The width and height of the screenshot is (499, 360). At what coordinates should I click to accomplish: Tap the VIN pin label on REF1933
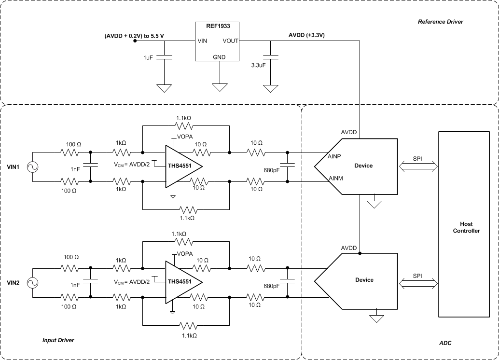click(202, 41)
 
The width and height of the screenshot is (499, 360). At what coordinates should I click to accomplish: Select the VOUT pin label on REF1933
click(230, 41)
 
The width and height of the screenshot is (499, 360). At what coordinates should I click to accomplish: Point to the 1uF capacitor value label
click(149, 57)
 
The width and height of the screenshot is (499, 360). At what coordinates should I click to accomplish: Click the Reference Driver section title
click(440, 22)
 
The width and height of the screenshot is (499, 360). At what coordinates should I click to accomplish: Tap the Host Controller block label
click(466, 227)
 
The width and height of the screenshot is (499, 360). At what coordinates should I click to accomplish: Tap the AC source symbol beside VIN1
click(33, 167)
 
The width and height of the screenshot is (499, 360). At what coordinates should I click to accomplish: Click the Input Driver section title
click(58, 340)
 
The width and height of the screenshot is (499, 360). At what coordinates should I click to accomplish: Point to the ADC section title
click(445, 343)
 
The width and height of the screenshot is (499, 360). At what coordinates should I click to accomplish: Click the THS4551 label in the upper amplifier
click(179, 166)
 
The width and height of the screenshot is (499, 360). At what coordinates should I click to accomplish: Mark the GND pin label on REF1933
click(219, 56)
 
